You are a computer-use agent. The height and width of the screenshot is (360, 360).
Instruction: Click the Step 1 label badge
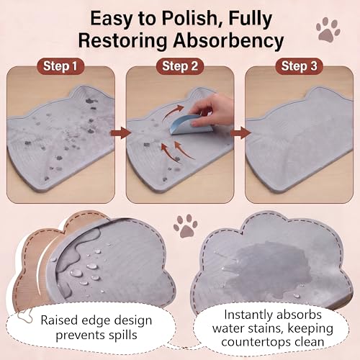(x=60, y=66)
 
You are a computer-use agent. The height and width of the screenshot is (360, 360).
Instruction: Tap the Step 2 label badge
(x=180, y=66)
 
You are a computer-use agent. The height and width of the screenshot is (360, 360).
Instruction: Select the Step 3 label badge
(x=299, y=66)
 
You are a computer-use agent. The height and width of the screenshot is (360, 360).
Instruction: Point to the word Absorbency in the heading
(x=228, y=41)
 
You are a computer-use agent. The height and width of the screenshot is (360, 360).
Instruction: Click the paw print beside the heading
(x=328, y=30)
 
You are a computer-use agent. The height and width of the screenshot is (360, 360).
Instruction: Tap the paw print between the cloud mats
(x=186, y=225)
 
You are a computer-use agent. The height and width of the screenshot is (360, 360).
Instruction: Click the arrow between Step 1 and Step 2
(x=120, y=132)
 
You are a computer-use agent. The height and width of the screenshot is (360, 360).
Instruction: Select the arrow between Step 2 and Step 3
(x=240, y=132)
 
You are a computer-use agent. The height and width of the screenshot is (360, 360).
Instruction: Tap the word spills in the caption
(x=122, y=335)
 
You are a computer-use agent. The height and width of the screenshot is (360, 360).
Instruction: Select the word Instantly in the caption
(x=248, y=315)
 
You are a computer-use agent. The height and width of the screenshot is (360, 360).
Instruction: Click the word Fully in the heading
(x=251, y=19)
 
